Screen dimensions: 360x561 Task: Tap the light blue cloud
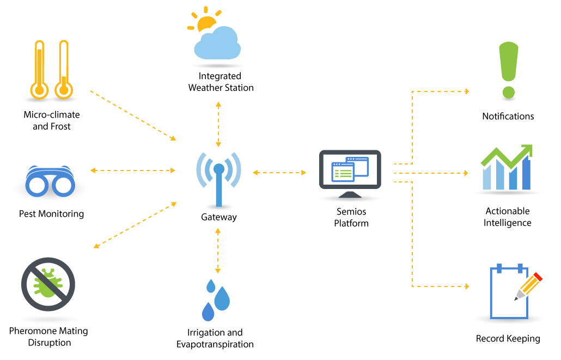(218, 46)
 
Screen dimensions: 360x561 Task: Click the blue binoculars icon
(50, 182)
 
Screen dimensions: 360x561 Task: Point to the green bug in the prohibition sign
(47, 284)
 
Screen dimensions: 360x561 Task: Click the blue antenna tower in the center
(218, 180)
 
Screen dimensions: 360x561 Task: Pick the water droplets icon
(216, 300)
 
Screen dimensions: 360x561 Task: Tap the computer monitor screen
(350, 169)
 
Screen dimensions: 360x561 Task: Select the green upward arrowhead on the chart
(527, 150)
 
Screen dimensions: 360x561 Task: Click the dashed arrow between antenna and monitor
(279, 173)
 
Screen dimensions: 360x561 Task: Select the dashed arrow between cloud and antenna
(218, 124)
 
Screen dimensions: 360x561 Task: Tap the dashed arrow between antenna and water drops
(218, 251)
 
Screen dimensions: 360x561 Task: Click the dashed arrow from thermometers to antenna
(133, 115)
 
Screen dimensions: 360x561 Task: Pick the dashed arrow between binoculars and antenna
(133, 170)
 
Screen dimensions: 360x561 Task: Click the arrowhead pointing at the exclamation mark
(467, 91)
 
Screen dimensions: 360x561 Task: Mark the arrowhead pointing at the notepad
(467, 286)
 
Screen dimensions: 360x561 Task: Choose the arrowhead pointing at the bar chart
(466, 173)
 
